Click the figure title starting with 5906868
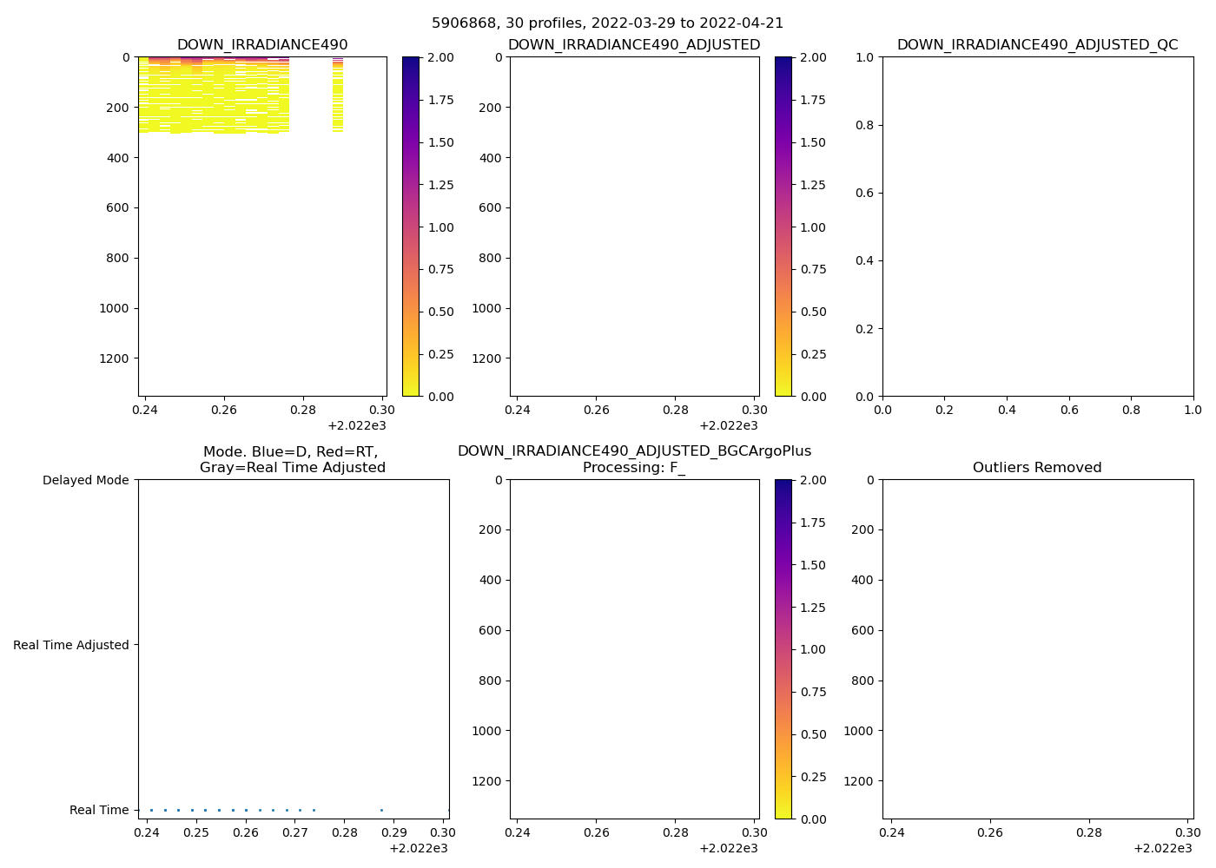point(607,23)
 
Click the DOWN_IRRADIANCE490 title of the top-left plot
point(262,45)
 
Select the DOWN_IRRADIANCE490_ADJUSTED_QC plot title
point(1037,45)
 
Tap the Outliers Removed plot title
point(1037,468)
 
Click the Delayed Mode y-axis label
point(85,480)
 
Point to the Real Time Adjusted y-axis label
point(71,645)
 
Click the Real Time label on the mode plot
point(99,810)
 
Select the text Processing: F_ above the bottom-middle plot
point(634,468)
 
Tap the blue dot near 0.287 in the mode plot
point(381,810)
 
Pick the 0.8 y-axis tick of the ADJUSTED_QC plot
point(865,125)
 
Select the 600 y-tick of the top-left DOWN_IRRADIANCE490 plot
point(119,207)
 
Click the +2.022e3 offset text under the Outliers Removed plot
point(1162,848)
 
